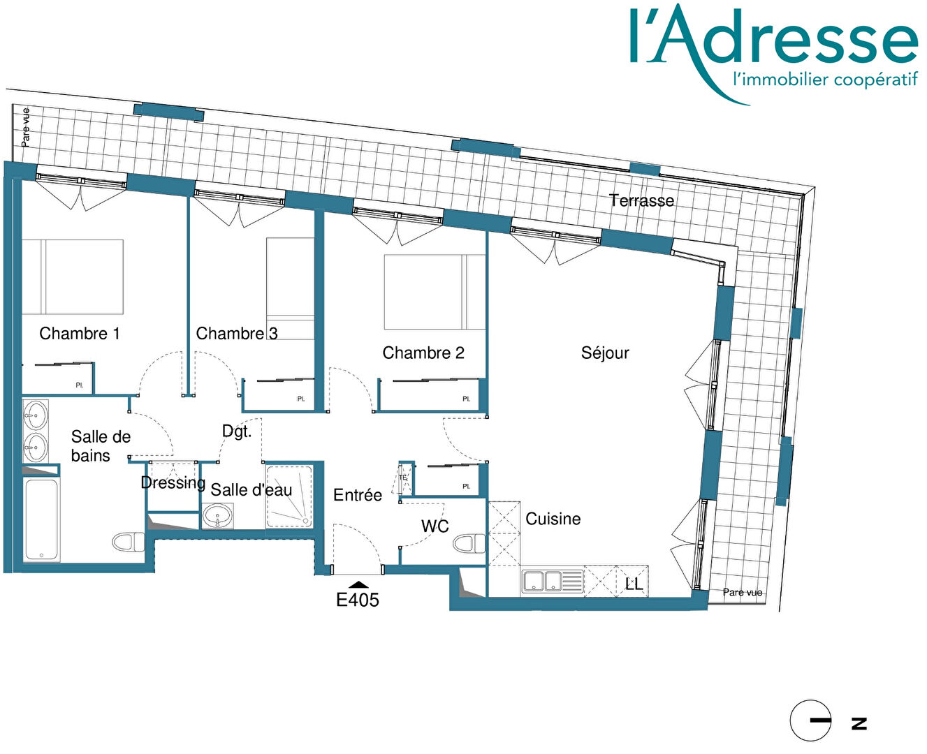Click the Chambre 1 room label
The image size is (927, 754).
click(79, 334)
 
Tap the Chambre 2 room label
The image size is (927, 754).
click(423, 353)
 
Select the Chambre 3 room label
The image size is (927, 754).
click(237, 334)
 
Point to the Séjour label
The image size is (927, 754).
click(605, 353)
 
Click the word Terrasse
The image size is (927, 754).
click(641, 200)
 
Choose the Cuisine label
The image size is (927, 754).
click(553, 519)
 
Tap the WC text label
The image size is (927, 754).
click(435, 526)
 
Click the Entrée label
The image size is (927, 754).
click(358, 495)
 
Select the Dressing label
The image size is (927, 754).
click(173, 482)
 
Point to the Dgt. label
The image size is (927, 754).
click(237, 431)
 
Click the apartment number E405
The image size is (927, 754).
click(358, 600)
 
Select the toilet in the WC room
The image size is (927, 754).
click(469, 544)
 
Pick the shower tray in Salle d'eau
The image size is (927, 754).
click(289, 496)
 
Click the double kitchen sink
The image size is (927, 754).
click(553, 581)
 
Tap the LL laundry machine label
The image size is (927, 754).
click(634, 584)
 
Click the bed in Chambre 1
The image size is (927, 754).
click(73, 276)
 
